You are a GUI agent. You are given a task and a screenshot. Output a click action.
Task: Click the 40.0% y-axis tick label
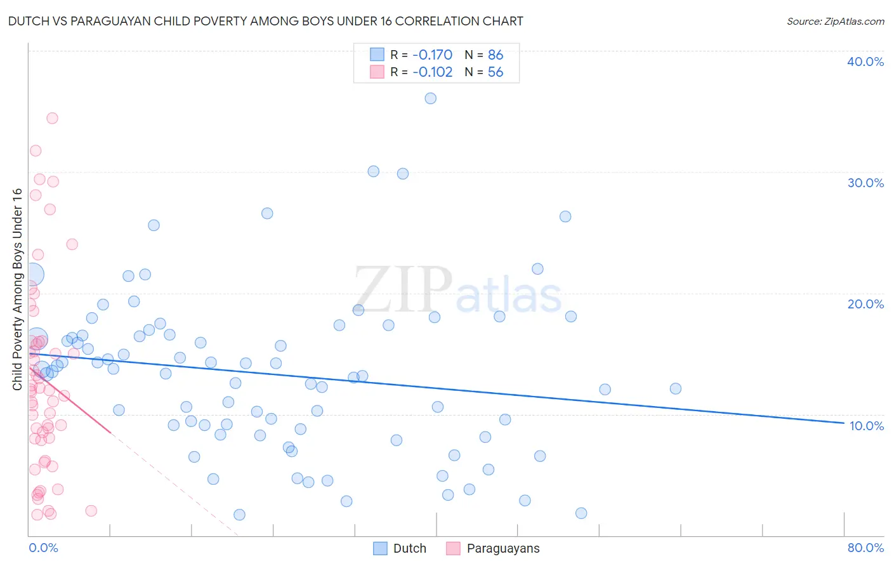(x=865, y=62)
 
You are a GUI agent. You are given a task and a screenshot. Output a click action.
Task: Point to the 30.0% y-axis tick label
(x=865, y=183)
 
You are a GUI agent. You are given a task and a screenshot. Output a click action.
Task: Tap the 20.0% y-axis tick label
(x=865, y=304)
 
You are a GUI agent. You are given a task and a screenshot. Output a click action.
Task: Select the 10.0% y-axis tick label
(x=866, y=426)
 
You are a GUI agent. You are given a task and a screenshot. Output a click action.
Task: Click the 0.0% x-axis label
(x=43, y=548)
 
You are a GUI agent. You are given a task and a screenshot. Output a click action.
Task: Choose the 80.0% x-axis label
(x=865, y=548)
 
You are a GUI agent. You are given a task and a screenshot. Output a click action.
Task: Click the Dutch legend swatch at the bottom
(x=380, y=548)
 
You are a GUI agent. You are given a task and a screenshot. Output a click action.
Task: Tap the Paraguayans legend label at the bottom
(x=502, y=548)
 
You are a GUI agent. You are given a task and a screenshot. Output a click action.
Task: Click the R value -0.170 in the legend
(x=432, y=55)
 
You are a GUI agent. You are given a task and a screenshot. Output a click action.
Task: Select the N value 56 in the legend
(x=495, y=72)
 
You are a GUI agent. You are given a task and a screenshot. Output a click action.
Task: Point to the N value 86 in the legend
(x=495, y=55)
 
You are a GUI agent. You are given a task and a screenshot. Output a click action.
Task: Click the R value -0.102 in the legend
(x=432, y=72)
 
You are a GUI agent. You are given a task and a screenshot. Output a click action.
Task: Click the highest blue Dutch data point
(x=430, y=98)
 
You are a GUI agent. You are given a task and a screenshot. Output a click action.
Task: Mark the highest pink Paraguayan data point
(x=52, y=118)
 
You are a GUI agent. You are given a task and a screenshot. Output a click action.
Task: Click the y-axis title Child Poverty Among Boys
(x=17, y=289)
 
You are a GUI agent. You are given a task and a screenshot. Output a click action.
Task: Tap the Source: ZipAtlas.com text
(x=835, y=21)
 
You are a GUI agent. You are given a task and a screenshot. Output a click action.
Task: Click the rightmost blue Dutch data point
(x=675, y=388)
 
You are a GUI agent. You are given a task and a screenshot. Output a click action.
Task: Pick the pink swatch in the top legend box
(x=377, y=72)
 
